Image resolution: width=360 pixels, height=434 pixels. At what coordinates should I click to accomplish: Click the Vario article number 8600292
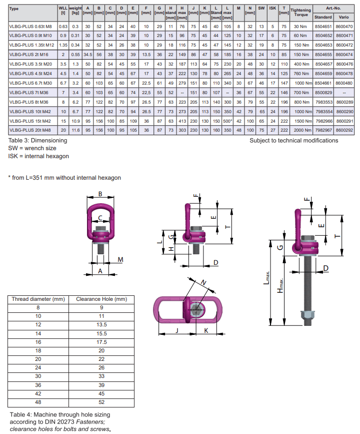click(345, 130)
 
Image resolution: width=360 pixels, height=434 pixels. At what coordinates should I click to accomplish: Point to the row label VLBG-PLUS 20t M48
click(29, 130)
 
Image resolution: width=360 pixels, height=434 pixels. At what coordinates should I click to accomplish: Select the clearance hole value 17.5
click(101, 342)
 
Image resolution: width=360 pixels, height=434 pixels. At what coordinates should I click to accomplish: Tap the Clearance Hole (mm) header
click(101, 299)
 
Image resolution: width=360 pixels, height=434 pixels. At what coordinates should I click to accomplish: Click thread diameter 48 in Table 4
click(38, 402)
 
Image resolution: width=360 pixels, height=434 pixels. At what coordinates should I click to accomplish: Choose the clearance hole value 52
click(101, 402)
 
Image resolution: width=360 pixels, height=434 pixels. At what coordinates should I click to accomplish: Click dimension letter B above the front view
click(100, 194)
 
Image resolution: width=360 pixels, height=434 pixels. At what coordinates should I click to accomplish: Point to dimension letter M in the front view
click(120, 259)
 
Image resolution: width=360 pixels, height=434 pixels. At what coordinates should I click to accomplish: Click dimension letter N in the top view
click(203, 283)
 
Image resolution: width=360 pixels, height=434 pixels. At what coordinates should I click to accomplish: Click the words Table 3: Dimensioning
click(37, 141)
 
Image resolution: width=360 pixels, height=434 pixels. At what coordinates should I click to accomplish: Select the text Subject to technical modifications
click(293, 141)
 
